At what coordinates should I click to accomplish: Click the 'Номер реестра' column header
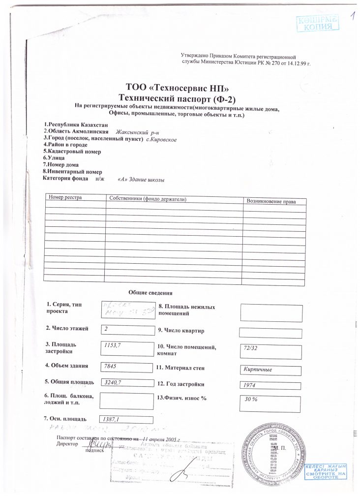pyautogui.click(x=64, y=197)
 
